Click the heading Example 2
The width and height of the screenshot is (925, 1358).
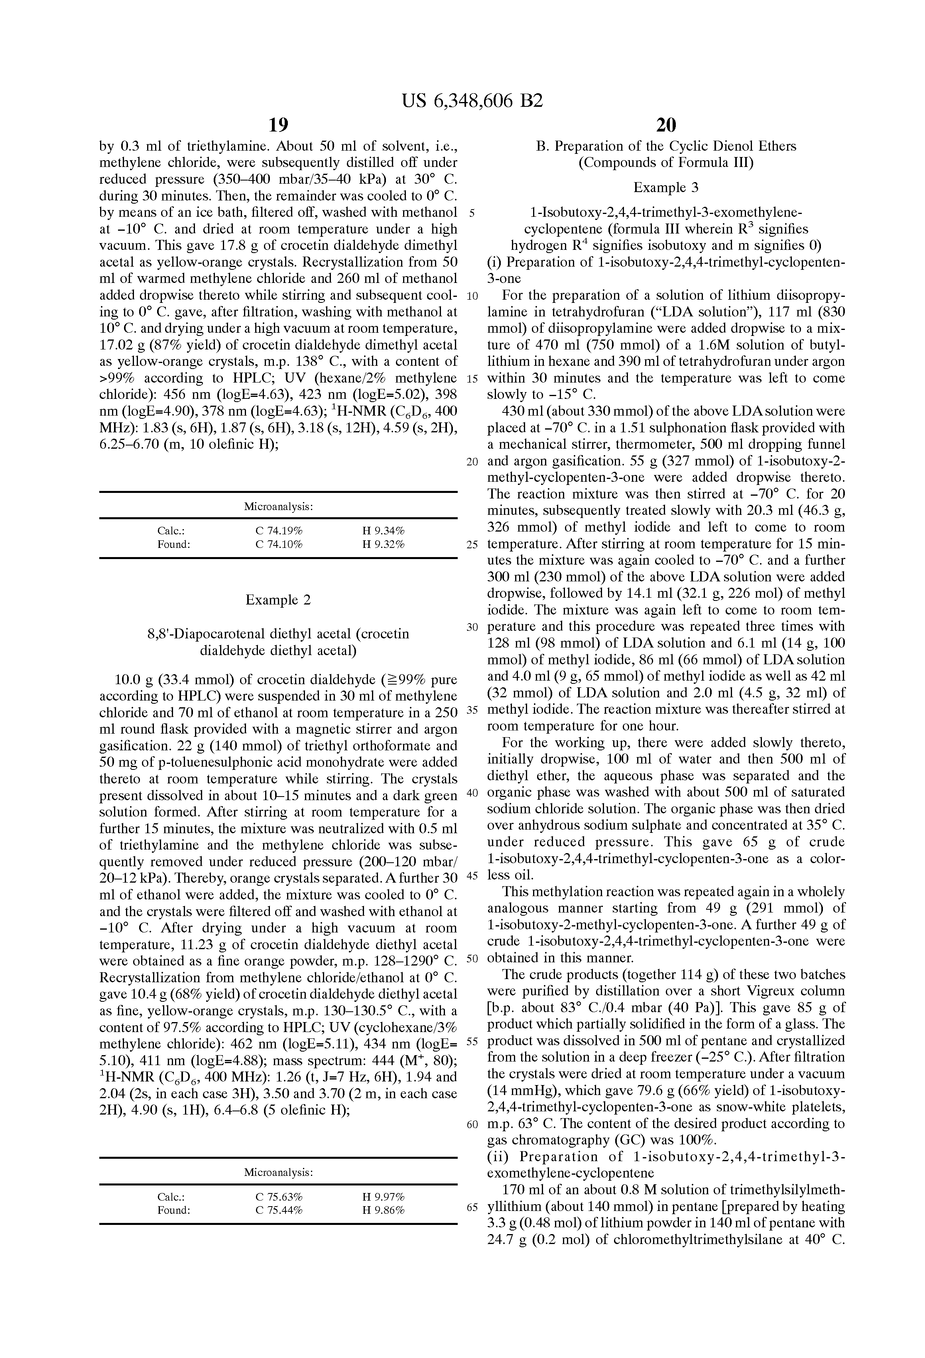click(x=278, y=600)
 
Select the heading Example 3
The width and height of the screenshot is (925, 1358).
click(x=666, y=188)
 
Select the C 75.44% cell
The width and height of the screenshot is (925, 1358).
click(x=279, y=1210)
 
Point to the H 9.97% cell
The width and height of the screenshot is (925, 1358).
click(x=384, y=1197)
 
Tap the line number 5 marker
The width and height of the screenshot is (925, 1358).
click(x=472, y=213)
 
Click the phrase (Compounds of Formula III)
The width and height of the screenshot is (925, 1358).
click(x=666, y=163)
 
